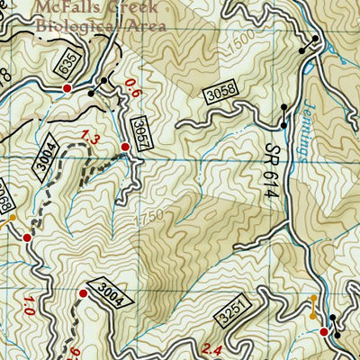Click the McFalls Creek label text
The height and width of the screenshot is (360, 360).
point(96,8)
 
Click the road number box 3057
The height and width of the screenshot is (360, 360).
point(137,128)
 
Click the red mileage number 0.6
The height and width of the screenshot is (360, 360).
point(134,88)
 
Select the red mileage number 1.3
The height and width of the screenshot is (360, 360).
point(90,136)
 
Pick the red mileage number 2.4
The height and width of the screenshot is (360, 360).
point(212,350)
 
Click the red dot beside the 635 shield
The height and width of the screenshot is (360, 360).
point(67,88)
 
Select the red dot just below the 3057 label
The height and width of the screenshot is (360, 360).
point(124,147)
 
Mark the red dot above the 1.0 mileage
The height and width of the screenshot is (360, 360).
point(27,238)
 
